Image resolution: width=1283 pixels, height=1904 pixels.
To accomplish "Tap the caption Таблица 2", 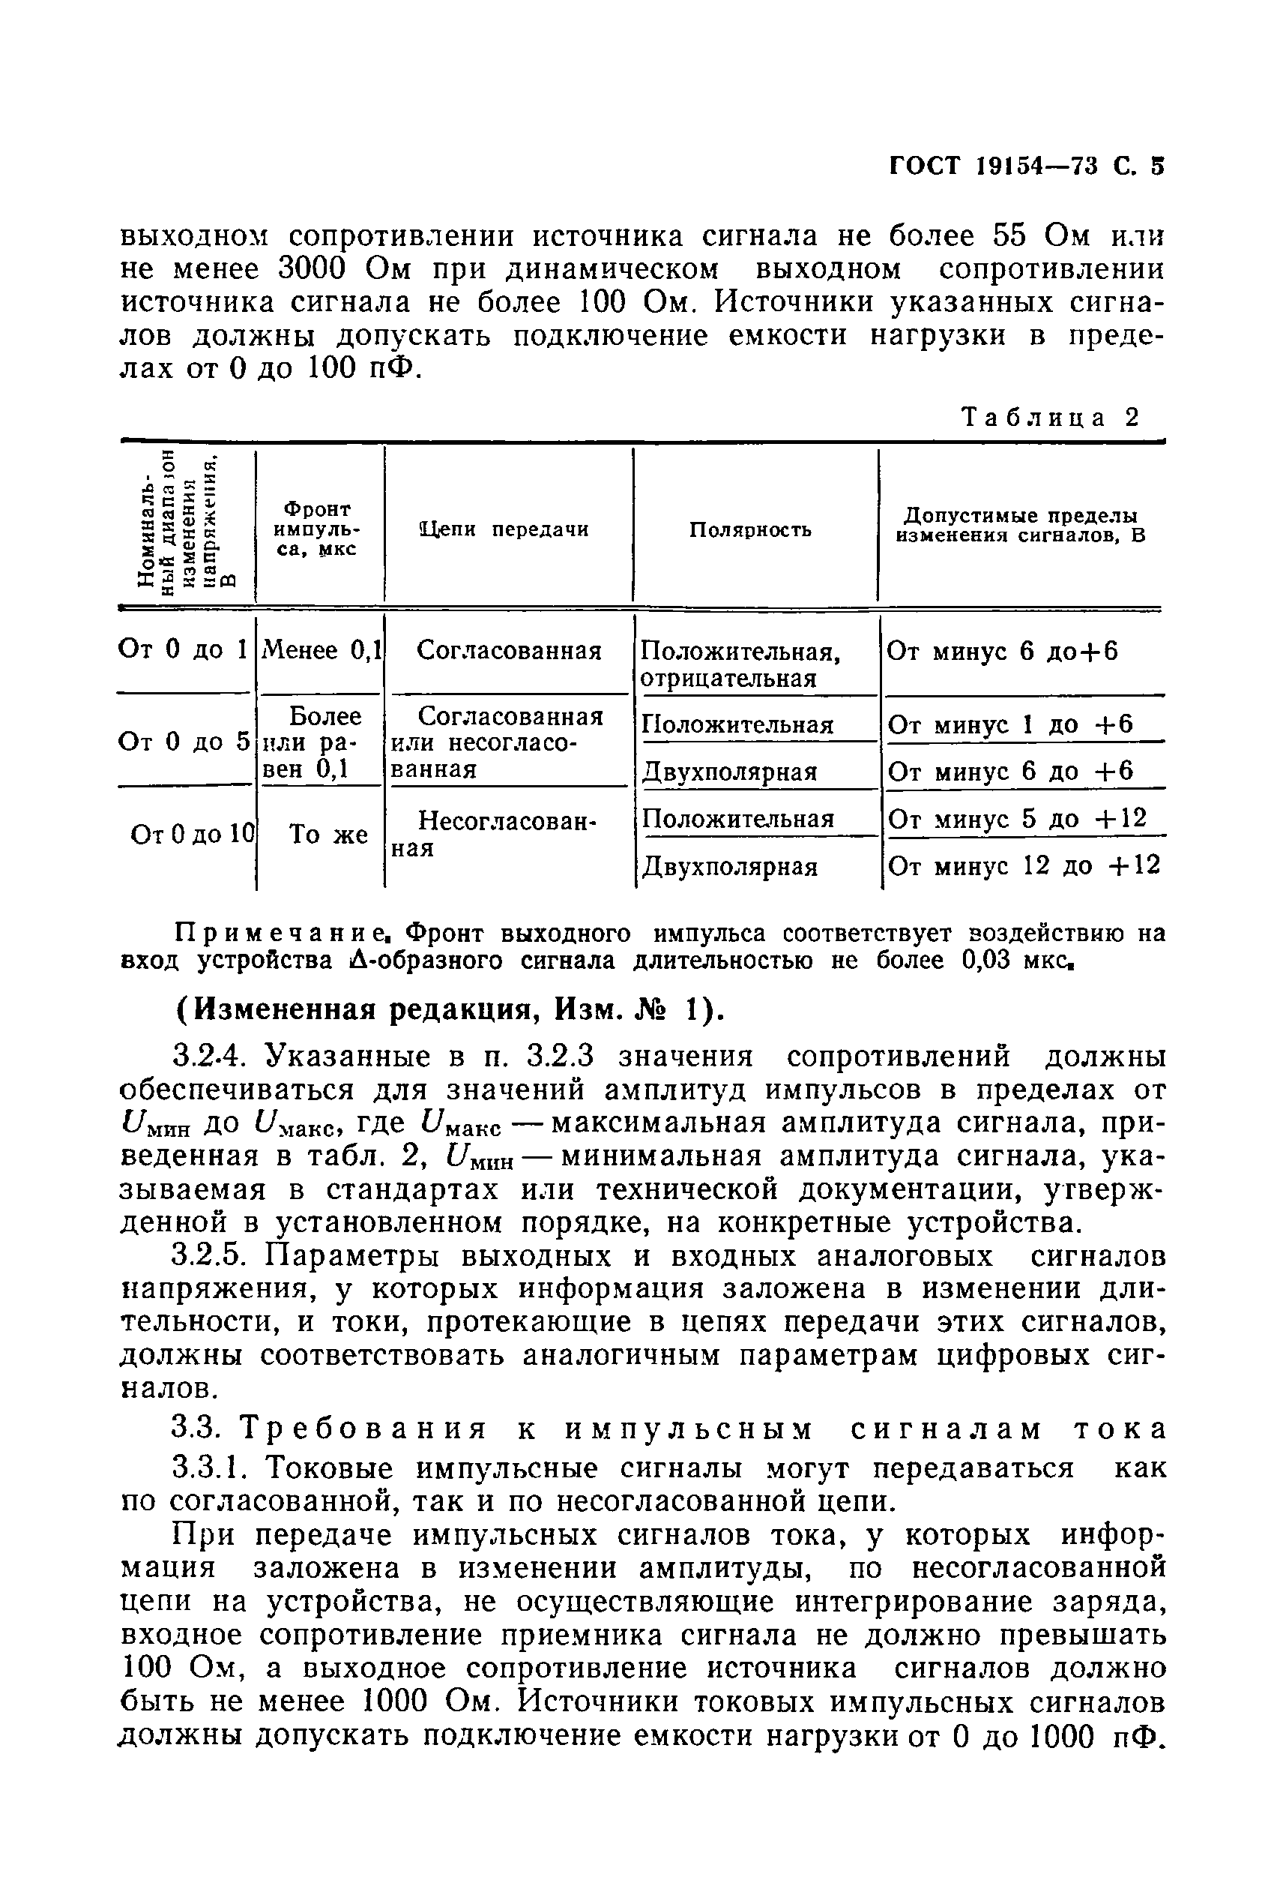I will pyautogui.click(x=1051, y=418).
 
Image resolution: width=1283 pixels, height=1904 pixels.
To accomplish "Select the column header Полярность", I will pyautogui.click(x=750, y=529).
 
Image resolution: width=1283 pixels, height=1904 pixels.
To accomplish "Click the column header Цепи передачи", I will pyautogui.click(x=505, y=529).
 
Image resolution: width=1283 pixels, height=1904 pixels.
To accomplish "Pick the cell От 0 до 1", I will pyautogui.click(x=182, y=650).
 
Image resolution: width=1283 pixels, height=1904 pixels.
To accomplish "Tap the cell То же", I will pyautogui.click(x=329, y=834).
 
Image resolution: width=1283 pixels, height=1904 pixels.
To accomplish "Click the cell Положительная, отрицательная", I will pyautogui.click(x=740, y=664).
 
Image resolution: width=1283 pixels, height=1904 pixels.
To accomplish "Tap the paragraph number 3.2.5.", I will pyautogui.click(x=210, y=1255).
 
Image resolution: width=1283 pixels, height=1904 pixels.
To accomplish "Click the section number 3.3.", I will pyautogui.click(x=196, y=1429).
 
